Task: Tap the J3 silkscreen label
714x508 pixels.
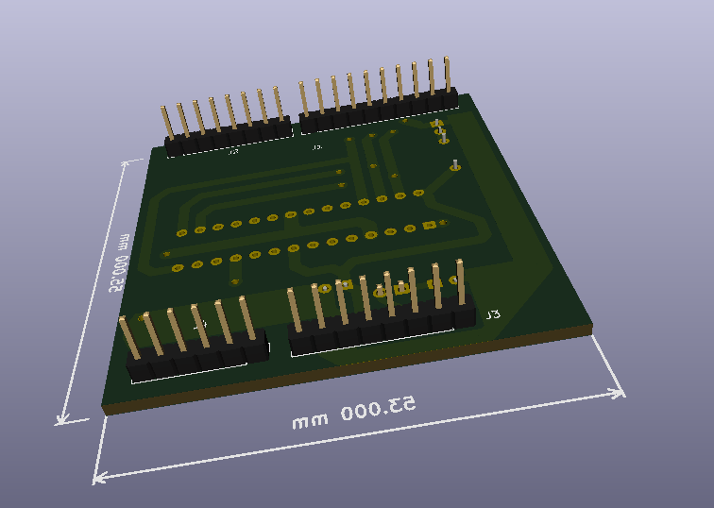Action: point(492,313)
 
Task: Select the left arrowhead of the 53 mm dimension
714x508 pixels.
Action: point(98,478)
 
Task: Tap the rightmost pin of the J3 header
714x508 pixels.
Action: point(461,281)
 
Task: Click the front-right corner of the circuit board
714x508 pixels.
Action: point(591,329)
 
